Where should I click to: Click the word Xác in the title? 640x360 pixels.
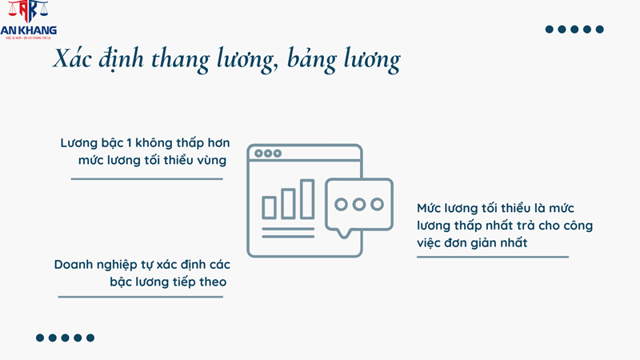point(73,60)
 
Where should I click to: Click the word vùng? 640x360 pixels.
point(209,161)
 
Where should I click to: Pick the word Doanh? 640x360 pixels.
point(75,265)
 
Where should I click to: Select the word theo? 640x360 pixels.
point(211,282)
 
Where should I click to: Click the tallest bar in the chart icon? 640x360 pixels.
point(306,199)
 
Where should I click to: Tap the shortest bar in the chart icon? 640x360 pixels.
point(269,207)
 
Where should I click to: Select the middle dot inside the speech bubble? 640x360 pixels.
point(359,204)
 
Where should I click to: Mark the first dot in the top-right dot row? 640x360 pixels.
point(550,30)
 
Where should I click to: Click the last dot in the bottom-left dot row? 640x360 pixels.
point(90,338)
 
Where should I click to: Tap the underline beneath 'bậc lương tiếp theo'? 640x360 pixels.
point(140,297)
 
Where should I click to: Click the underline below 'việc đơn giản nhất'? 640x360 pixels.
point(492,257)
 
